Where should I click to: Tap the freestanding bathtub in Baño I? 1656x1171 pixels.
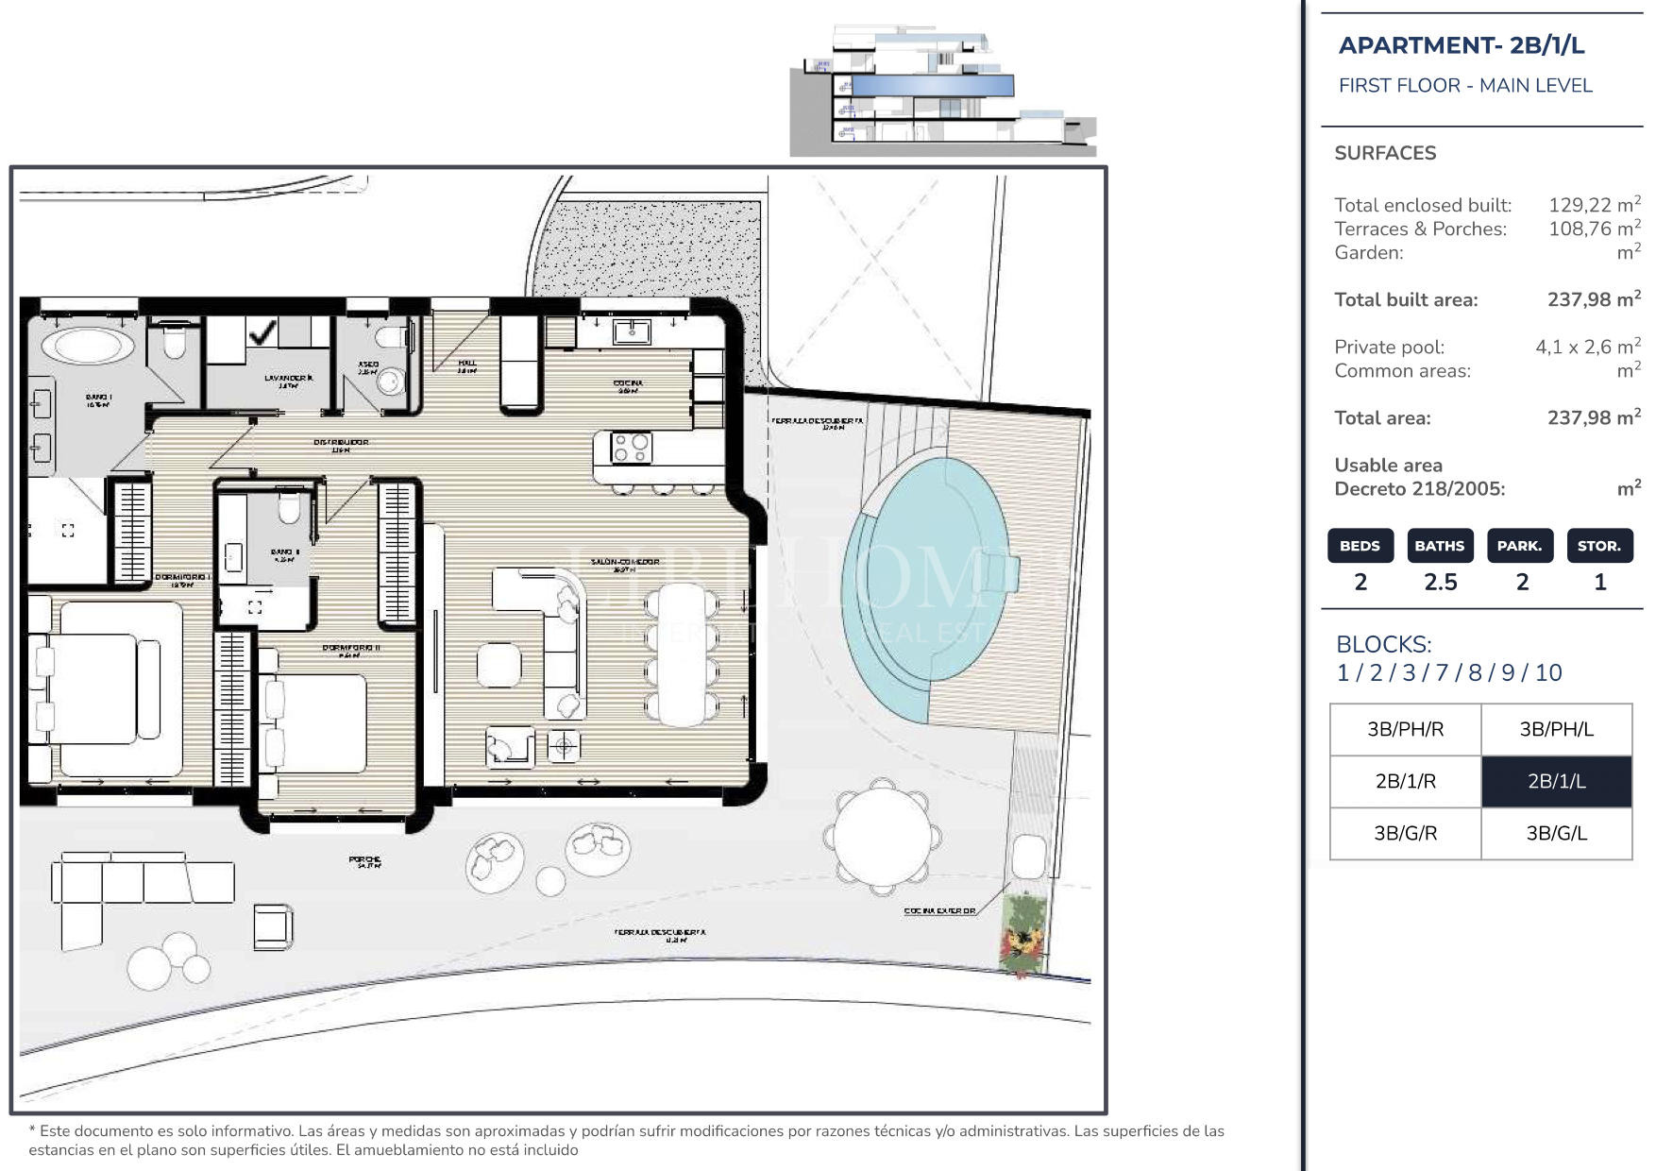point(89,345)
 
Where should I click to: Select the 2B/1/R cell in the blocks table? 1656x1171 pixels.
point(1405,781)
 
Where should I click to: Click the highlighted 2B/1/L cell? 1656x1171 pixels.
point(1556,781)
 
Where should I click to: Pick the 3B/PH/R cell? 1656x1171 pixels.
point(1405,729)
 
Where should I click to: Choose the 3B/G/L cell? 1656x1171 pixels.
point(1556,833)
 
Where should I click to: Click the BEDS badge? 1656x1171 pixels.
point(1360,546)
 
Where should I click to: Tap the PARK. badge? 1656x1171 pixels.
point(1519,546)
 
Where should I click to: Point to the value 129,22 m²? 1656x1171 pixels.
point(1593,205)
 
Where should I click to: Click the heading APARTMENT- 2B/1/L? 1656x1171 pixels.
point(1461,45)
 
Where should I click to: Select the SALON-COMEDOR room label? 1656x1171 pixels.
point(624,562)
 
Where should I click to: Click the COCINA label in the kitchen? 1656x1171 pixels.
point(628,383)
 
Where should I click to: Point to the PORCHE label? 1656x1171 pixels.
point(364,860)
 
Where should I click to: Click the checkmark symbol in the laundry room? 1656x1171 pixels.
point(261,331)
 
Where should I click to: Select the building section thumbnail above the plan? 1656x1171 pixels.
point(942,91)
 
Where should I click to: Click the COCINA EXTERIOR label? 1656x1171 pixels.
point(938,910)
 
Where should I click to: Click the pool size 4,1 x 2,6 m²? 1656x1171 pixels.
point(1587,347)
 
